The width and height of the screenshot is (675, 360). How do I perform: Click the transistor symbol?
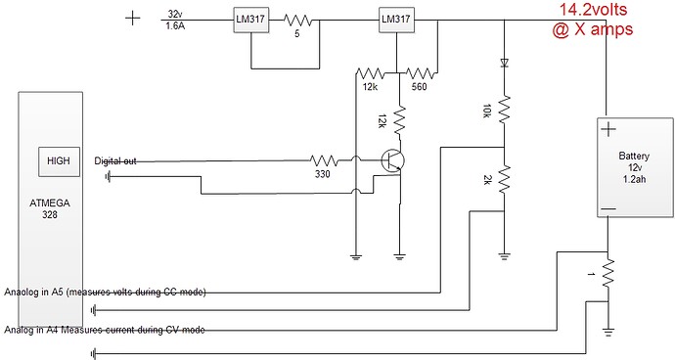[393, 162]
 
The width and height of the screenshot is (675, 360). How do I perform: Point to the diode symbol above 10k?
[503, 62]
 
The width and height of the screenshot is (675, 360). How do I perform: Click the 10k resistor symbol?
[503, 109]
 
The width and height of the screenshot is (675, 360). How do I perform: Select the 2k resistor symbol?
[503, 180]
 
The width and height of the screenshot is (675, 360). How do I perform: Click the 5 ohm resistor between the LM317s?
[297, 20]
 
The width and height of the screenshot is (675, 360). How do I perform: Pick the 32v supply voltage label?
[176, 14]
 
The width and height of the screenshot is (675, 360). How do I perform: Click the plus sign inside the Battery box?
[607, 129]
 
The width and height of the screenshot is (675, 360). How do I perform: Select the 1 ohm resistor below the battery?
[607, 275]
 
